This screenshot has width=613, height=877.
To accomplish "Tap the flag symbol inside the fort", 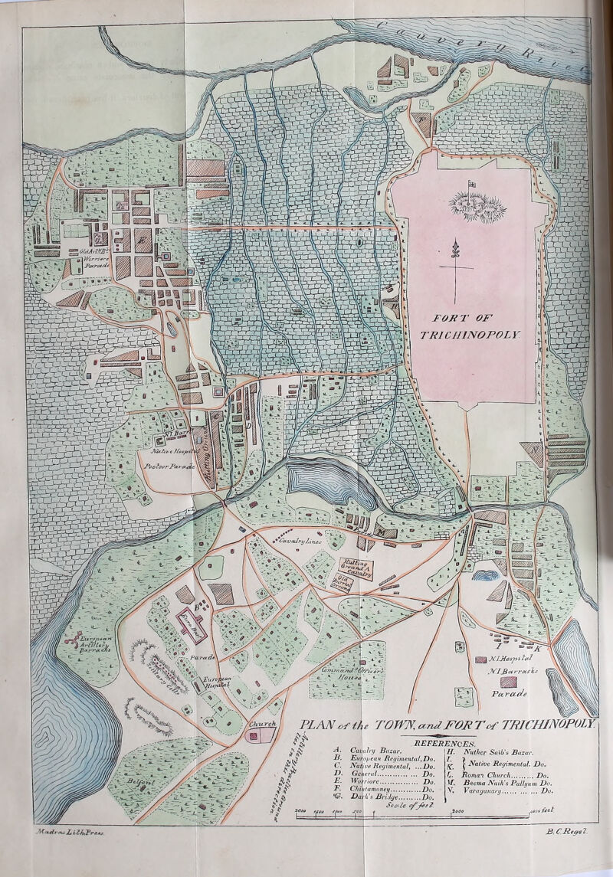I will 471,183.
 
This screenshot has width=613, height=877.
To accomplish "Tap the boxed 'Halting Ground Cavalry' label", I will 357,566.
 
